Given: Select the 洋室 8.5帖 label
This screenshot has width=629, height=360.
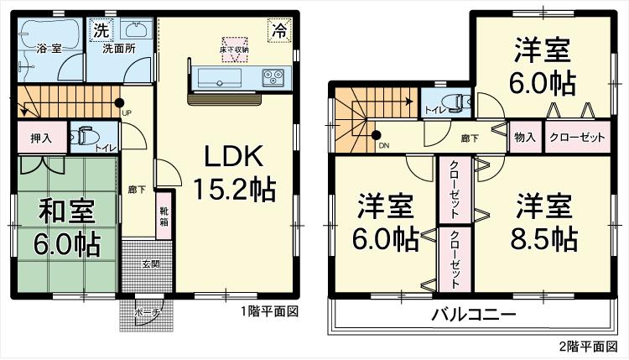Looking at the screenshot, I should click(x=544, y=222).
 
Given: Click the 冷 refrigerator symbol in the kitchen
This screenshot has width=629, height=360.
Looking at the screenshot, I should click(x=277, y=31).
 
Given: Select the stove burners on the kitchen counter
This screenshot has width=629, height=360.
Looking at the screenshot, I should click(x=273, y=76).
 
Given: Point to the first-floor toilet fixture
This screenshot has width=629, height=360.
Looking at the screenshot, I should click(x=86, y=135).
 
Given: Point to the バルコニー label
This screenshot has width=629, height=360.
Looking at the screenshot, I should click(x=474, y=316).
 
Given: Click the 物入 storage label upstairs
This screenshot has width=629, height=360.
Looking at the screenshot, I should click(x=526, y=137).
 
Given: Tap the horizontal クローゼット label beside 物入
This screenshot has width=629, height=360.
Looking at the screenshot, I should click(x=577, y=137).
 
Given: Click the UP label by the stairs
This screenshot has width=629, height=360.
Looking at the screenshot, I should click(x=127, y=112).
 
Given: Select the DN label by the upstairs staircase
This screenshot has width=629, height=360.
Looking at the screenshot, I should click(x=384, y=146).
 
